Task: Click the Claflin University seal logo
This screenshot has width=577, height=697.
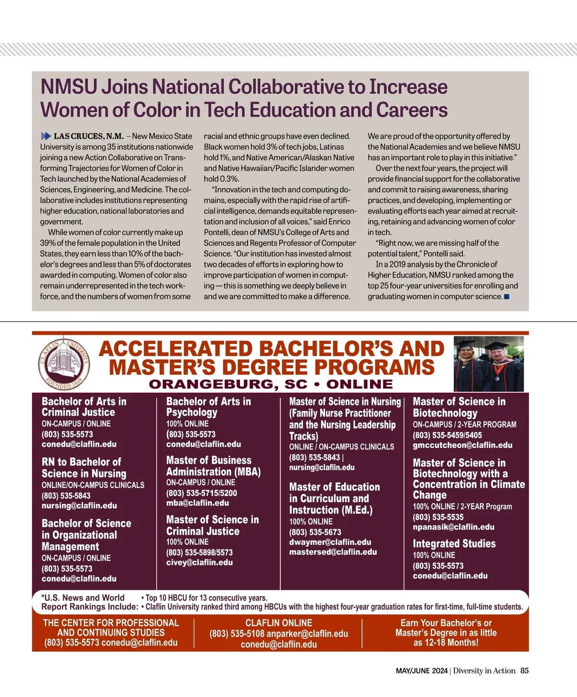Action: pyautogui.click(x=64, y=365)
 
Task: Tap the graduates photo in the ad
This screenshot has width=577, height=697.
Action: pyautogui.click(x=489, y=364)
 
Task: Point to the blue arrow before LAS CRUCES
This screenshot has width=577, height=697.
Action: pyautogui.click(x=46, y=136)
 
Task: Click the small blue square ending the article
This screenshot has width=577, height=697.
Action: pyautogui.click(x=506, y=297)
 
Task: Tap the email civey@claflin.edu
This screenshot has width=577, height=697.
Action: pyautogui.click(x=200, y=562)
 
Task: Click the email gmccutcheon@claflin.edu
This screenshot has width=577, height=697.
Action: pyautogui.click(x=463, y=445)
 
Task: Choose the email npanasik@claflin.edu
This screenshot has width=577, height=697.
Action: pyautogui.click(x=453, y=527)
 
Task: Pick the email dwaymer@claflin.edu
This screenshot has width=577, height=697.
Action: pyautogui.click(x=330, y=542)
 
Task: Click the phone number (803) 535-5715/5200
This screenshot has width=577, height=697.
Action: pyautogui.click(x=201, y=493)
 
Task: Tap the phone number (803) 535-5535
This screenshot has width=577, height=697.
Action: pyautogui.click(x=438, y=517)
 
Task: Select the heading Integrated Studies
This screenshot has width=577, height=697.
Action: pyautogui.click(x=454, y=544)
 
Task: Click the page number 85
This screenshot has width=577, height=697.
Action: pyautogui.click(x=524, y=671)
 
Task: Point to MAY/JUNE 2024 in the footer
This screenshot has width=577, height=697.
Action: pyautogui.click(x=422, y=671)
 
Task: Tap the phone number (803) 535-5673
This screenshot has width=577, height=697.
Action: pyautogui.click(x=315, y=532)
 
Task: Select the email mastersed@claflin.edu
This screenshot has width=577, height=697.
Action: pyautogui.click(x=333, y=552)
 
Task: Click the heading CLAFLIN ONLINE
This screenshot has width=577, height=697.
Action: pyautogui.click(x=279, y=623)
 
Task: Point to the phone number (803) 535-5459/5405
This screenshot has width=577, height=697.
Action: pyautogui.click(x=447, y=435)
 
